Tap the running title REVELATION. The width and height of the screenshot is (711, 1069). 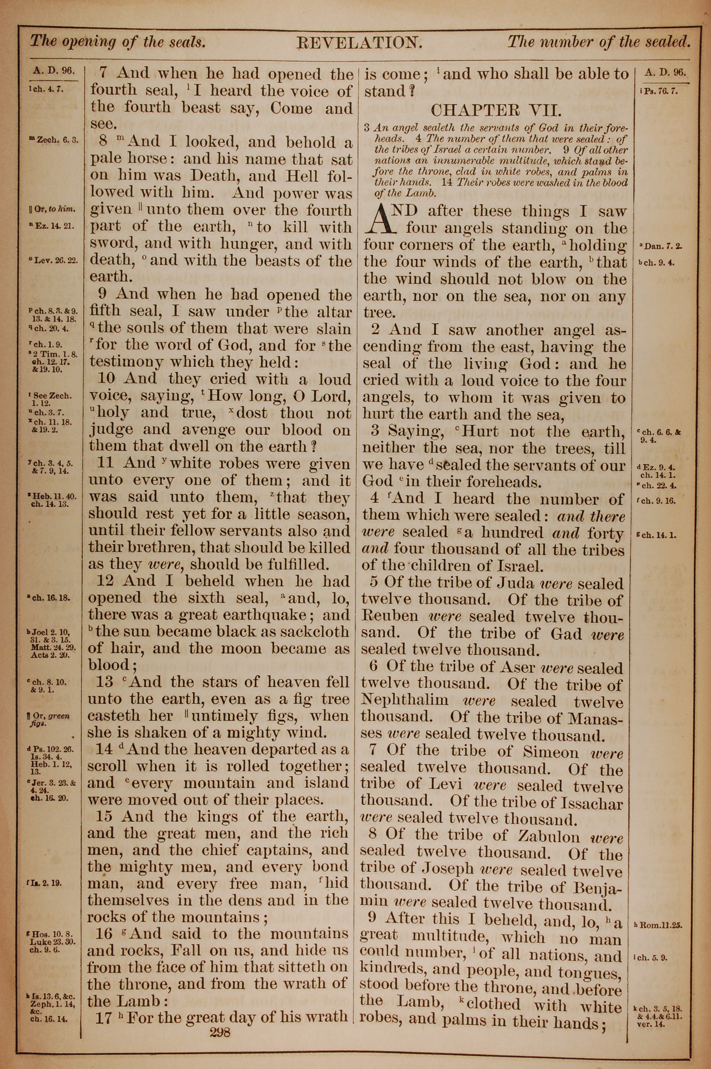(x=359, y=43)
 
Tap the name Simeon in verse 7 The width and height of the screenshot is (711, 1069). (x=550, y=752)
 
